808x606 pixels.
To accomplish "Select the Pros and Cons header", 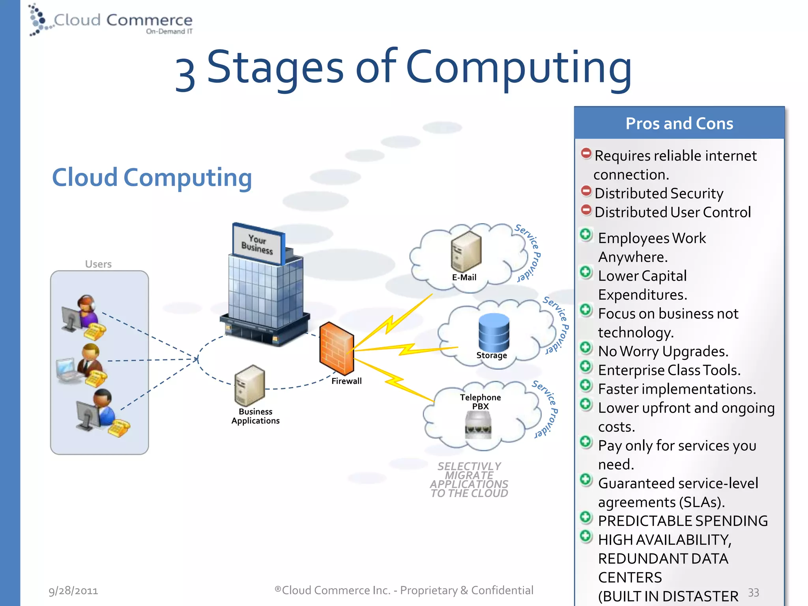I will [679, 123].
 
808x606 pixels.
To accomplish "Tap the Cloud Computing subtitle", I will [152, 177].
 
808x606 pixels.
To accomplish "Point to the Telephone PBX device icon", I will [478, 425].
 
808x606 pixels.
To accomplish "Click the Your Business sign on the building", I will [258, 244].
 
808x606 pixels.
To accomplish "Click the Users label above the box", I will [98, 264].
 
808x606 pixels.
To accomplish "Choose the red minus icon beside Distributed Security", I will [586, 191].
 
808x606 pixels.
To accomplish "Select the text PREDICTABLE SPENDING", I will [683, 521].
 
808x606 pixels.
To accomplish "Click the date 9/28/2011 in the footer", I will [73, 591].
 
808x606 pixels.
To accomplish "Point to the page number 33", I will [753, 593].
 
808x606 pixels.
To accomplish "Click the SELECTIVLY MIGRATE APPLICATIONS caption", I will [469, 480].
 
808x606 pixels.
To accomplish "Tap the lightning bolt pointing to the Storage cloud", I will [406, 349].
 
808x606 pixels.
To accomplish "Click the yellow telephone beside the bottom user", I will [118, 428].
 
